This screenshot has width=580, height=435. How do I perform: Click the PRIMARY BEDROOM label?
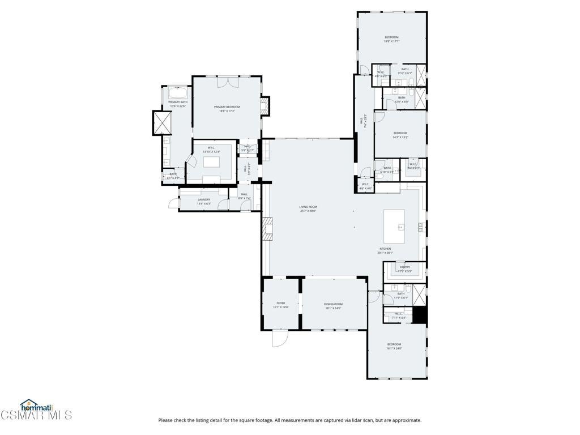[x=227, y=107]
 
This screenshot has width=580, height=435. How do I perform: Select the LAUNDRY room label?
[x=204, y=199]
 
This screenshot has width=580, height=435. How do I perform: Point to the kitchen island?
[x=401, y=227]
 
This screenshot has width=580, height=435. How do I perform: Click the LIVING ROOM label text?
[x=308, y=207]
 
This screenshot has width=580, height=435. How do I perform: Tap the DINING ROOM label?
[x=334, y=304]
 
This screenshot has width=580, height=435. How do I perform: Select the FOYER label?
[x=281, y=304]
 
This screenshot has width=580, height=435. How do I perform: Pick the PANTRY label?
[x=404, y=267]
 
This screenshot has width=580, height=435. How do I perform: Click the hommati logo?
[x=36, y=406]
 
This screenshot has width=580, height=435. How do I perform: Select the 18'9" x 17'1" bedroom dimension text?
[x=391, y=41]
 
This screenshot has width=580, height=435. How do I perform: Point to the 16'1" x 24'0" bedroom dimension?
[x=394, y=348]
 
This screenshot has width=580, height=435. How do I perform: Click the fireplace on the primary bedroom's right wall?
[x=266, y=105]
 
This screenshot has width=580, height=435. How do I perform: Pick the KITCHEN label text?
[x=385, y=249]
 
